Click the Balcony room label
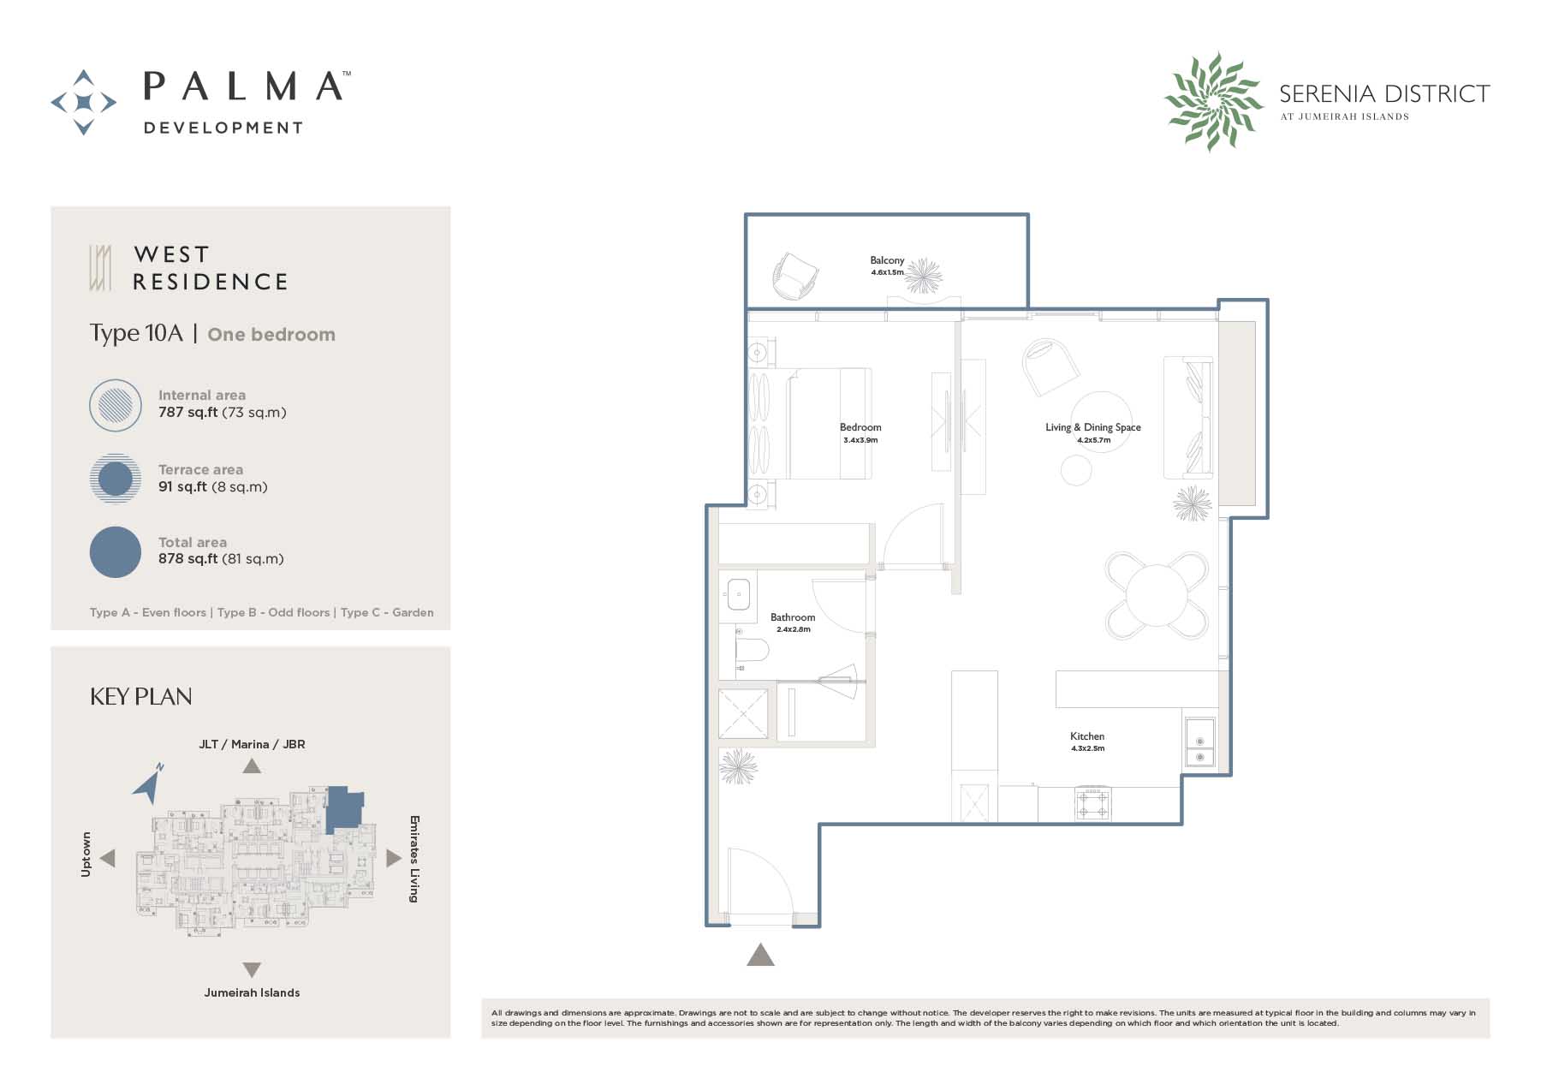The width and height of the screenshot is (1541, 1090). tap(887, 260)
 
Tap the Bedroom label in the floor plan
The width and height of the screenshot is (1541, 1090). tap(860, 427)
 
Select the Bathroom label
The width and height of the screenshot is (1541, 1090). tap(793, 617)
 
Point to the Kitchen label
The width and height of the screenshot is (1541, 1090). tap(1087, 736)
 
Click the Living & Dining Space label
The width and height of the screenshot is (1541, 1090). tap(1093, 427)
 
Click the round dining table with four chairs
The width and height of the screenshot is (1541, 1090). tap(1157, 595)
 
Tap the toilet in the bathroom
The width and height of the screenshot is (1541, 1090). tap(752, 650)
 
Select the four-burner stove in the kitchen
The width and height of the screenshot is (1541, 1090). tap(1093, 804)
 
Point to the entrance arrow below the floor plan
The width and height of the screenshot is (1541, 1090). tap(760, 955)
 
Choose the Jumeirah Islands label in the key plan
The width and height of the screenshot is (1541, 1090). tap(252, 993)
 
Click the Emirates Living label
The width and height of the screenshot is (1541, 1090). tap(414, 859)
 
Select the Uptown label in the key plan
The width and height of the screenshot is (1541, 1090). tap(86, 855)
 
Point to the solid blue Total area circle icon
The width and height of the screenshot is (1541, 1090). tap(116, 552)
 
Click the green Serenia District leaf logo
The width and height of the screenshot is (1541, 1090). tap(1213, 101)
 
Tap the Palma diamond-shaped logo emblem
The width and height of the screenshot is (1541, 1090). tap(84, 103)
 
